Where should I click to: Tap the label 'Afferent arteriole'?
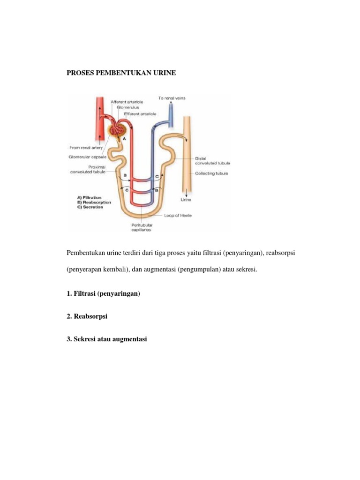tap(127, 102)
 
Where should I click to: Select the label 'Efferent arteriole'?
tap(140, 114)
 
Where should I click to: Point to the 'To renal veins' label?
tap(172, 98)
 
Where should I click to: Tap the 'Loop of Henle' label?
tap(178, 216)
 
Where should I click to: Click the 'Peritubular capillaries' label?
tap(141, 227)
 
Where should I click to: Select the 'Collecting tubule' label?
tap(212, 173)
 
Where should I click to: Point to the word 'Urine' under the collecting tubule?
tap(187, 199)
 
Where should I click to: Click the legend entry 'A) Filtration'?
tap(89, 198)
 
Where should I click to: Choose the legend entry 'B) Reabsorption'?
tap(94, 202)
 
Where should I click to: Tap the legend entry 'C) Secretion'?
tap(90, 207)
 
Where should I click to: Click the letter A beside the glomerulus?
tap(124, 139)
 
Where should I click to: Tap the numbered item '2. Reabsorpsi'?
tap(87, 316)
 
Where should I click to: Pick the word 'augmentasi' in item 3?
tap(129, 339)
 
